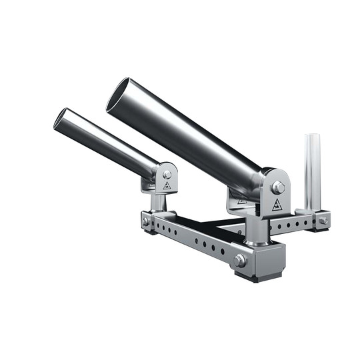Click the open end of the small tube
tap(60, 119)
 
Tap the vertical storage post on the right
tap(312, 170)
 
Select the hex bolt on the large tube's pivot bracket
tap(279, 187)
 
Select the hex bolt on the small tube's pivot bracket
tap(167, 175)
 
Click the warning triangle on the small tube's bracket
tap(167, 186)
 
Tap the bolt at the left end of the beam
tap(146, 221)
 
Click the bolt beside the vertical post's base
tap(323, 221)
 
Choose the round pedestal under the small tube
tap(159, 201)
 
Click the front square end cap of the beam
tap(260, 257)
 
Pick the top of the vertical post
tap(312, 137)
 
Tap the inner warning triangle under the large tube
tap(241, 201)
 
